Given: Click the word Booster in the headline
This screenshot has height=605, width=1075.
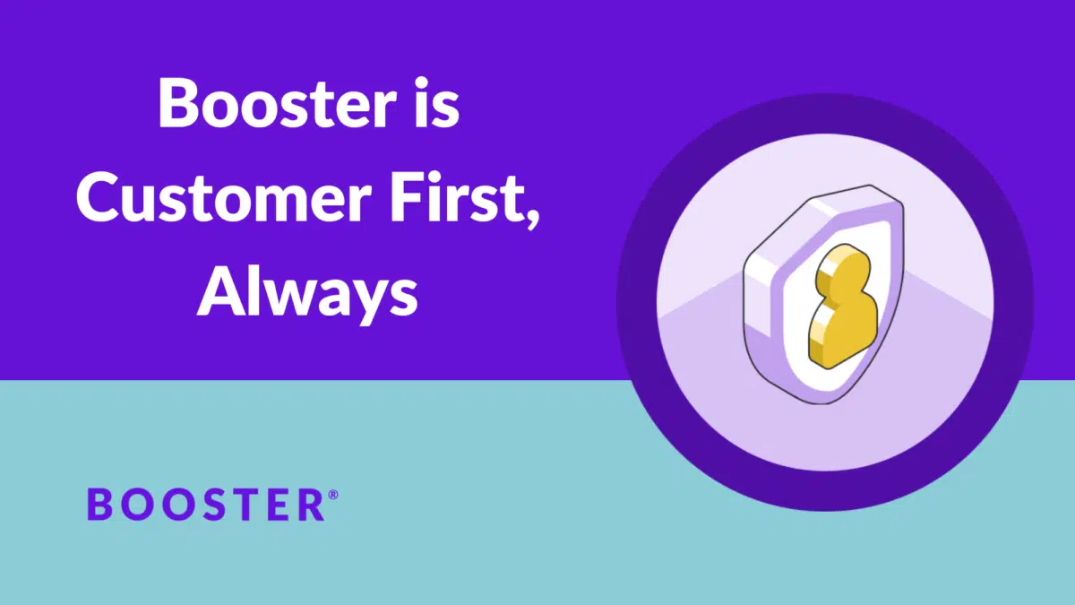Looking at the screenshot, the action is coord(278,104).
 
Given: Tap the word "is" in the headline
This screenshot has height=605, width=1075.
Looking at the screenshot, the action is coord(437,102).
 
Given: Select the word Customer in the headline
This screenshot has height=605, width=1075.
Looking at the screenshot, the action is coord(223,199).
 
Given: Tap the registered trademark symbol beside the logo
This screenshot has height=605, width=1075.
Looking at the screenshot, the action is coord(333,495).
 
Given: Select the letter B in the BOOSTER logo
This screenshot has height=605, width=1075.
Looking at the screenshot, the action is coord(99,505).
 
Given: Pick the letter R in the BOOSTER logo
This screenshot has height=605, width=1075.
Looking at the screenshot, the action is coord(313,505).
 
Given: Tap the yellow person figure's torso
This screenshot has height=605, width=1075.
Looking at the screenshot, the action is coord(843,332).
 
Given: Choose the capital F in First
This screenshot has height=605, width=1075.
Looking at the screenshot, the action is coord(405,198).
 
